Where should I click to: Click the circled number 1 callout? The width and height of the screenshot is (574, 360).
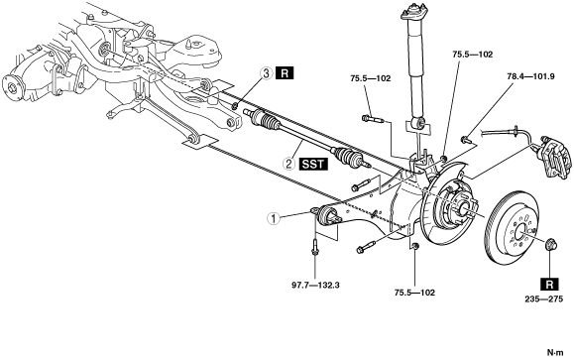point(273,218)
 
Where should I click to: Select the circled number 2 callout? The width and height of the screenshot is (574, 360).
point(288,164)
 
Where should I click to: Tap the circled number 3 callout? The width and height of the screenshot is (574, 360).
point(267,73)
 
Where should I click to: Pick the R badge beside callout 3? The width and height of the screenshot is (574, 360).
point(286,73)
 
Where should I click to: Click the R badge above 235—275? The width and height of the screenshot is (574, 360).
point(549,284)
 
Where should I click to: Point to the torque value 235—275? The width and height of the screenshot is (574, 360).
point(544,300)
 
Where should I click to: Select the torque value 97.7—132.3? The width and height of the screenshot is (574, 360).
point(315,285)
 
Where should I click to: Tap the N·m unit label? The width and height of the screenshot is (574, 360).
point(556,353)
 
